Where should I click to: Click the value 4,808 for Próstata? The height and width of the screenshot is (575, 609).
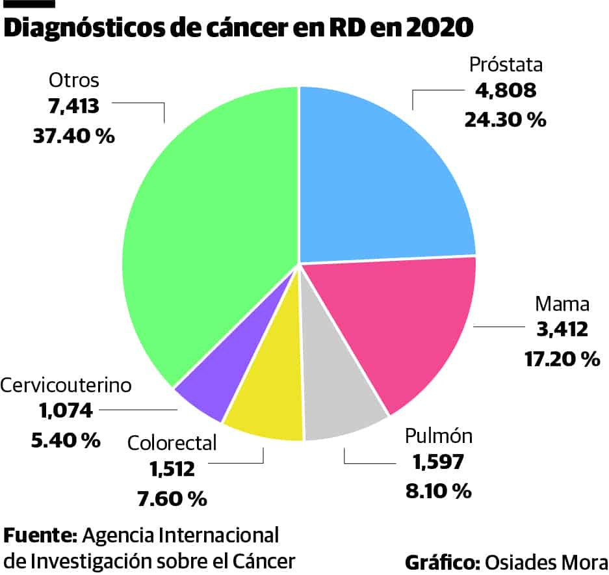tap(506, 90)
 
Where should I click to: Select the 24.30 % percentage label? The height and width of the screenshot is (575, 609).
tap(505, 120)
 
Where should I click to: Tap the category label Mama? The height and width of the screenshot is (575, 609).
tap(562, 304)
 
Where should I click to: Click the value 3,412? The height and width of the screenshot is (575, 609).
tap(562, 329)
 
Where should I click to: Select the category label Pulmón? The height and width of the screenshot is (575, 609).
tap(439, 435)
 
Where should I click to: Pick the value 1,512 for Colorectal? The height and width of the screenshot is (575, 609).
tap(172, 469)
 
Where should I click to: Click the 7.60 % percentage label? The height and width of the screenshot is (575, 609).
tap(172, 499)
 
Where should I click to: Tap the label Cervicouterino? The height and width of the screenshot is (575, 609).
tap(66, 385)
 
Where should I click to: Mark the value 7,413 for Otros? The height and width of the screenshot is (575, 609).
tap(73, 107)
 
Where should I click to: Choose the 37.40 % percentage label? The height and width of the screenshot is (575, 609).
tap(73, 136)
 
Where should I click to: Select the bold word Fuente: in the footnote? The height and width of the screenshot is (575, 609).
tap(41, 536)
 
